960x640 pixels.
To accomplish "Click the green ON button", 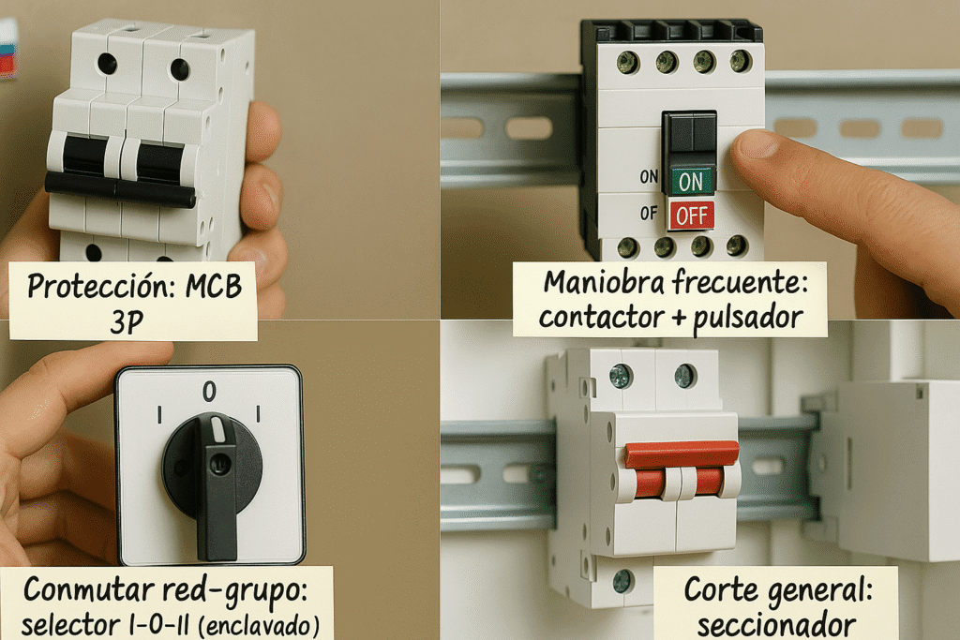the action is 691,181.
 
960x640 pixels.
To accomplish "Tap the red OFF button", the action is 691,216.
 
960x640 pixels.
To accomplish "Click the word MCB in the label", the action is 214,287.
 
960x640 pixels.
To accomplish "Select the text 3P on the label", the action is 127,321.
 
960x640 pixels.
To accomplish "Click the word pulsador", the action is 747,319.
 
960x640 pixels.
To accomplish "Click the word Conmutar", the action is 89,589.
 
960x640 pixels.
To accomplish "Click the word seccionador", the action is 776,625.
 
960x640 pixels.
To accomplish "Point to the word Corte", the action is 721,589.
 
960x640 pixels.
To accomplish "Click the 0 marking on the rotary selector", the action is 209,392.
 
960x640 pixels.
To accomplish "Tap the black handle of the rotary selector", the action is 216,486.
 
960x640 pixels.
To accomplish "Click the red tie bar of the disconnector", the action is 682,454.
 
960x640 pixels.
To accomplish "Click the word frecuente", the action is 741,283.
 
